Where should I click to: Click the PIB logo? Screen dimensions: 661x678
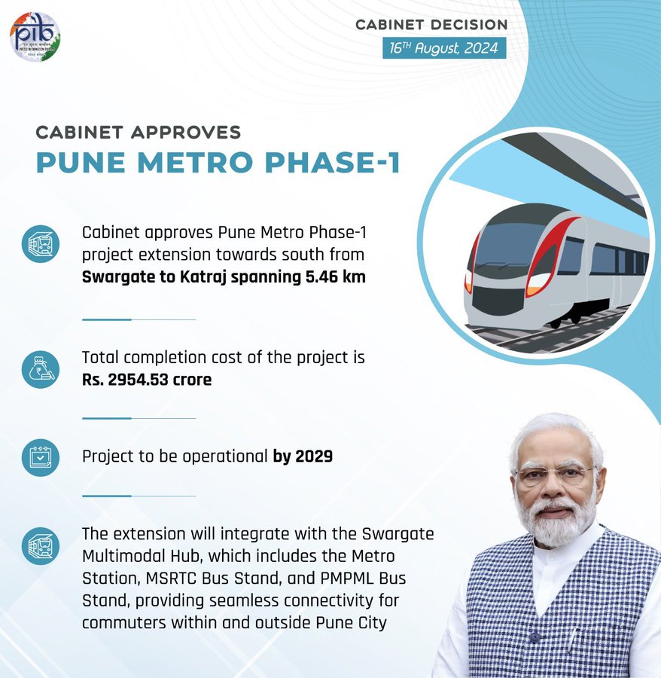click(35, 37)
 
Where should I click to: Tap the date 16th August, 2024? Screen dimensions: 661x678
click(443, 47)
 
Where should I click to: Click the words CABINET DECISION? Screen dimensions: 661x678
click(431, 25)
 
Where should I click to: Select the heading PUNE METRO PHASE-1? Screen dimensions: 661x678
click(218, 162)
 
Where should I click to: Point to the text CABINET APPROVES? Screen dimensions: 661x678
click(139, 133)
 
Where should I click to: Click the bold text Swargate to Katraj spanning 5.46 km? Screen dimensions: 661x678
click(224, 276)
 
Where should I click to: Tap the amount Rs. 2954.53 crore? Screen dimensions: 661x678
click(147, 380)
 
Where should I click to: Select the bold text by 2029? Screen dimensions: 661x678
click(303, 457)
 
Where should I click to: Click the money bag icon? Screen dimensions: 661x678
click(41, 369)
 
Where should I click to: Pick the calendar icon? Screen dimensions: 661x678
click(41, 457)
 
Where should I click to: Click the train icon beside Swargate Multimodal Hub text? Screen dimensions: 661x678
click(41, 546)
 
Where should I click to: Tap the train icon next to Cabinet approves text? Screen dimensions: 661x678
click(41, 244)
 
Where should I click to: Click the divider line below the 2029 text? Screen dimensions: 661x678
click(139, 496)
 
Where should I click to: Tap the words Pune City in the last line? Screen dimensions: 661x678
click(352, 623)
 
